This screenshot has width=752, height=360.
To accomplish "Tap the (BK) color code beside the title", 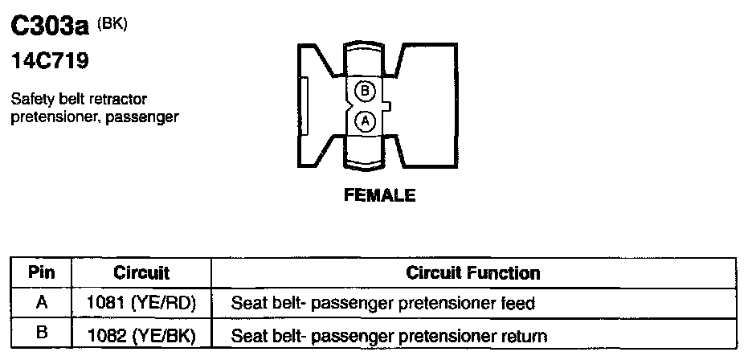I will (112, 23).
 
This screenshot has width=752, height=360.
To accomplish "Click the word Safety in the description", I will (32, 100).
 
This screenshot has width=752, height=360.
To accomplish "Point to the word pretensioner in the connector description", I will (49, 117).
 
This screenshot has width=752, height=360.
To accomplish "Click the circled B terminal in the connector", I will (364, 91).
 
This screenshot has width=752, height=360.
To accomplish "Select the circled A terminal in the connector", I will (364, 121).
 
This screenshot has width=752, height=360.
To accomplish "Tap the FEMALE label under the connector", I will (380, 195).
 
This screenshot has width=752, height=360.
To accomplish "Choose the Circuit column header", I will (141, 272).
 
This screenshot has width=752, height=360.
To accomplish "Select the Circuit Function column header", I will (473, 272).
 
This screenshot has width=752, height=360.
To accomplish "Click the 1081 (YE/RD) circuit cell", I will (141, 304).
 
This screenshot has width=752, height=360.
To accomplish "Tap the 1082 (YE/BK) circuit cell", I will (141, 334).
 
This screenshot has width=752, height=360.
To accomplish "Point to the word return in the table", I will (526, 335).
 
